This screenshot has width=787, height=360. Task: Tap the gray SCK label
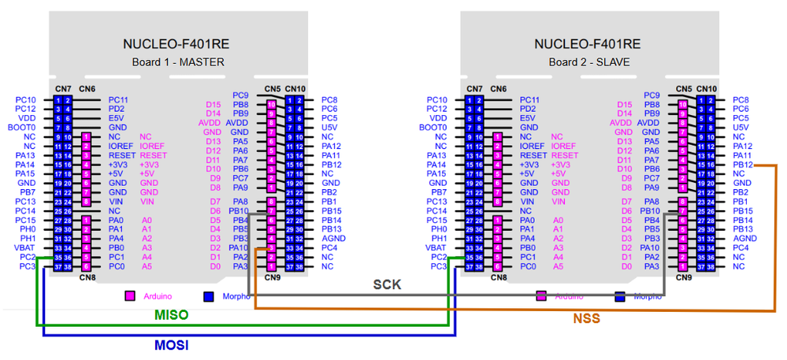point(388,284)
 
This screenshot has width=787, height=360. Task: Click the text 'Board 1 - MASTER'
point(178,62)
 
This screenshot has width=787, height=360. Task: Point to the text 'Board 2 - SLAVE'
point(589,62)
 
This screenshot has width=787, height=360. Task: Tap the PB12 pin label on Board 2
point(744,165)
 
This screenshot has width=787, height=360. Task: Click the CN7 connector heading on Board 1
point(63,89)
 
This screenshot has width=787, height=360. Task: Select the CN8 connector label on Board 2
point(499,277)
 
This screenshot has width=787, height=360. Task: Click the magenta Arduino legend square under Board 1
point(131,296)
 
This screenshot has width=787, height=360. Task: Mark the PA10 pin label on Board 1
point(239,247)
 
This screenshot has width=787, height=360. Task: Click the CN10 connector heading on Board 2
point(707,89)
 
